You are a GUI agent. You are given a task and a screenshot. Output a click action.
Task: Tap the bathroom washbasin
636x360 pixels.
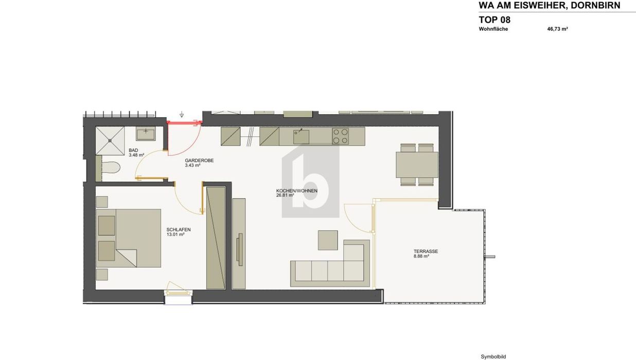click(146, 133)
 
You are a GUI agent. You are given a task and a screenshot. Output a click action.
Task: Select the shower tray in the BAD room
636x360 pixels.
click(110, 141)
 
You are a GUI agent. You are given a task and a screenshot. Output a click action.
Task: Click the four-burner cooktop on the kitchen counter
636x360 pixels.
click(341, 136)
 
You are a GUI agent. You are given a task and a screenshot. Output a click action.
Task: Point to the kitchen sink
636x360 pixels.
click(301, 136)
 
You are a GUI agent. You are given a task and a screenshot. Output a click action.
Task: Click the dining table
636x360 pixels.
click(417, 165)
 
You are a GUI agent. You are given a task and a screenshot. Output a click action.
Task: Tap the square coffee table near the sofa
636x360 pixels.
click(328, 240)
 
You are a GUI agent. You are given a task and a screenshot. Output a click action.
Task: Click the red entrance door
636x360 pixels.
click(185, 123)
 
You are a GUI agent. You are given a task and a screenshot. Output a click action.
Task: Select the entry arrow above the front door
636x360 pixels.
click(182, 114)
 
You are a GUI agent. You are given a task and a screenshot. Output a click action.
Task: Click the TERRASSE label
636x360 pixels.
click(426, 251)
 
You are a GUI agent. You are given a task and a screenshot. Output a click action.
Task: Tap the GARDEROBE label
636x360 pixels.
click(199, 160)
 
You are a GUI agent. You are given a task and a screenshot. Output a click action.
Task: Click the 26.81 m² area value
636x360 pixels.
click(285, 195)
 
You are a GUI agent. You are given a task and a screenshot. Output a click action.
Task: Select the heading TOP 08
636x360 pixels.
click(494, 20)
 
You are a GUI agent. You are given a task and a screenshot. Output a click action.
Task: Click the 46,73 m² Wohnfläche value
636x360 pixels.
click(557, 29)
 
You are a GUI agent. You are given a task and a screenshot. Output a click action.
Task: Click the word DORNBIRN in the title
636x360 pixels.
click(595, 5)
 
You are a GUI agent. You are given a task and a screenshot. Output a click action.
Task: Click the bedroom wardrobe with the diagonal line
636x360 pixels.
click(216, 238)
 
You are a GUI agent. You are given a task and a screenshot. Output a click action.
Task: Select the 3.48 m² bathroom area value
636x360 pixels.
click(136, 155)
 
